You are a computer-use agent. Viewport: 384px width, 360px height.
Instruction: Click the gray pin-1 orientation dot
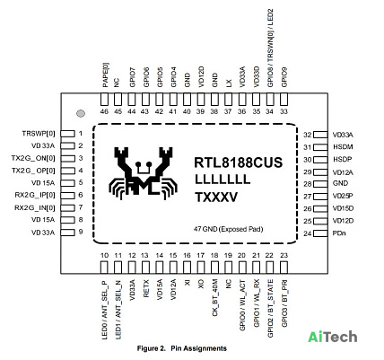click(81, 113)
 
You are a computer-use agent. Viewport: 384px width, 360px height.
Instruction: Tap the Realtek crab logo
click(144, 173)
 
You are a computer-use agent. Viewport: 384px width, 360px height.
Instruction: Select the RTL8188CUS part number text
click(239, 162)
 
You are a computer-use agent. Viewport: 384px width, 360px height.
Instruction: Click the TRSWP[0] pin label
click(39, 134)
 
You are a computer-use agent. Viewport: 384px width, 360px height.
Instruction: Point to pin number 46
click(104, 111)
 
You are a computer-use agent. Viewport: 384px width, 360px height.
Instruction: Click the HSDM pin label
click(343, 147)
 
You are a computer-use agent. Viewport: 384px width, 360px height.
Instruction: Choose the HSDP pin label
click(342, 160)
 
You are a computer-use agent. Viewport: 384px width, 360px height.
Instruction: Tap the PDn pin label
click(339, 233)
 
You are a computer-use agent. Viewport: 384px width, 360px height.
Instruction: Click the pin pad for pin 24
click(320, 233)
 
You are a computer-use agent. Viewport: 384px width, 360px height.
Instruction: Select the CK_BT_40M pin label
click(214, 298)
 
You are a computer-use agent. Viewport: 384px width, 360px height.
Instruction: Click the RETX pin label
click(146, 288)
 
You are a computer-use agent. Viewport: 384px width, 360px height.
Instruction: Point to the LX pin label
click(229, 83)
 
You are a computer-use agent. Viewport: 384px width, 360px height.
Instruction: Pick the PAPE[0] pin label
click(105, 75)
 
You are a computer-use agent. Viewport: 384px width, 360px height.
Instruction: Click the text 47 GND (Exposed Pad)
click(229, 229)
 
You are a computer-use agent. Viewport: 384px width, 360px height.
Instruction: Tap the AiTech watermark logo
click(333, 337)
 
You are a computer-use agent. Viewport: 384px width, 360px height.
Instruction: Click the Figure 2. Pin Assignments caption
click(182, 348)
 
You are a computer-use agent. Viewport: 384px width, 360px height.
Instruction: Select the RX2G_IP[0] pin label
click(35, 195)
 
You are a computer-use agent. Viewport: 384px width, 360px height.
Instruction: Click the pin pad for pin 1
click(67, 134)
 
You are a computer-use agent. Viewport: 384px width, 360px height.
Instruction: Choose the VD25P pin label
click(343, 197)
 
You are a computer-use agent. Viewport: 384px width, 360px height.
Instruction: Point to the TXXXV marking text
click(216, 198)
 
